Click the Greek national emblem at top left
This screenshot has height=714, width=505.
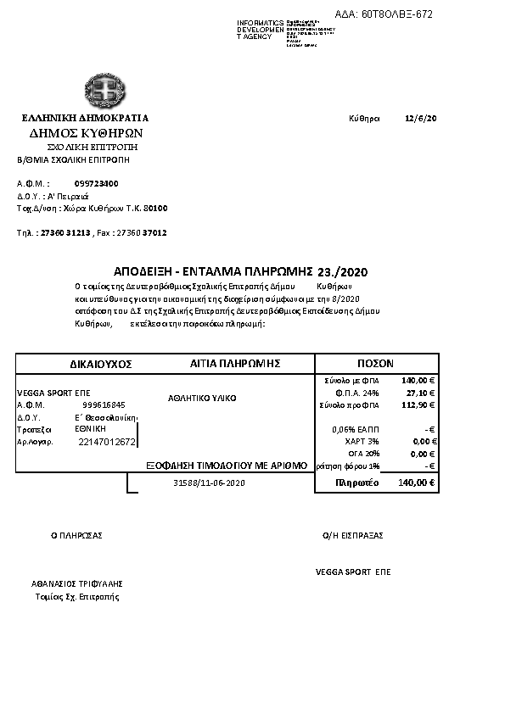104,90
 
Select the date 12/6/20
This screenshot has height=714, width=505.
421,118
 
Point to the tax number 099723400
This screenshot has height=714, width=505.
96,183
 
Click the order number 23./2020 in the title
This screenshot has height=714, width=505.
342,272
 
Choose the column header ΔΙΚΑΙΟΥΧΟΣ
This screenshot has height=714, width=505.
101,363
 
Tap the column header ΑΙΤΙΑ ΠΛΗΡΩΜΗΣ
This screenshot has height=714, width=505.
235,362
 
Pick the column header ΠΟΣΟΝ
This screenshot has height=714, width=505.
375,362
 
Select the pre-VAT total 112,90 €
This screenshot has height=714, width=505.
418,405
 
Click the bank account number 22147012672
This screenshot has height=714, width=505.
107,442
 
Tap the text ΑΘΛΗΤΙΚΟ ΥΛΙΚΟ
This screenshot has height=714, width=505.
202,398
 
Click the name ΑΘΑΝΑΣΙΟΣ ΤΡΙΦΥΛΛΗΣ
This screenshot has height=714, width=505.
78,583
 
